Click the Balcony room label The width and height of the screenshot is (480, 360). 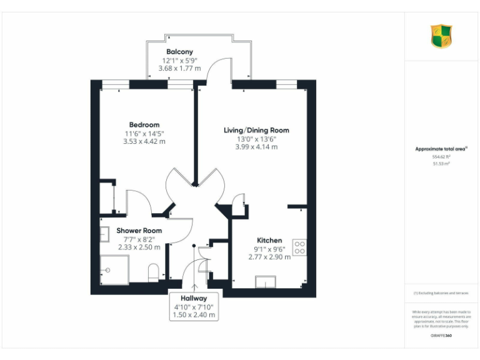pos(179,52)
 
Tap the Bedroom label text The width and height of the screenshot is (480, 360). pos(144,125)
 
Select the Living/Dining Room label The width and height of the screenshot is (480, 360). pos(256,130)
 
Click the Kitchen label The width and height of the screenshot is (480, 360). pos(269,240)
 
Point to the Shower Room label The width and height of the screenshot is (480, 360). pos(139,231)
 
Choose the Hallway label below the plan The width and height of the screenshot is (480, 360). pos(194,298)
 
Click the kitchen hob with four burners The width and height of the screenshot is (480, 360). pos(299,247)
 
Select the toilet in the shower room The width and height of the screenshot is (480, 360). pos(154,272)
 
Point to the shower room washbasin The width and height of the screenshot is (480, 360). pos(104,234)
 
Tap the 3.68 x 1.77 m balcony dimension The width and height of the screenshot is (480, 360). pos(179,68)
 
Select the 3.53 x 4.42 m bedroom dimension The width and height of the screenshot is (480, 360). pos(144,141)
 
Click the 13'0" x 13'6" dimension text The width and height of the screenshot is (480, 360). pos(256,139)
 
